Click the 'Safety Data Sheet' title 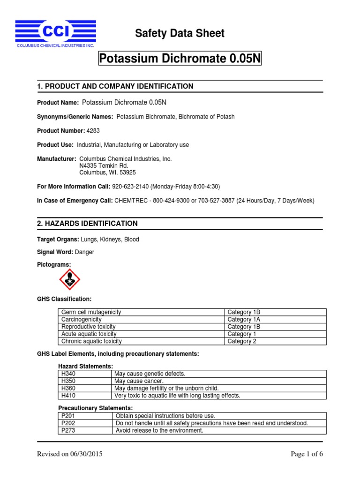tap(180, 33)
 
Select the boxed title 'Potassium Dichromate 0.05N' tap(180, 60)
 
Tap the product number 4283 tap(94, 131)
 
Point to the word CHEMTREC tap(130, 201)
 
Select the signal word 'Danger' tap(84, 252)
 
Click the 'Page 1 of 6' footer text tap(307, 454)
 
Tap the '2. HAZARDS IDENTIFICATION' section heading tap(87, 224)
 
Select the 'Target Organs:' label tap(58, 240)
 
